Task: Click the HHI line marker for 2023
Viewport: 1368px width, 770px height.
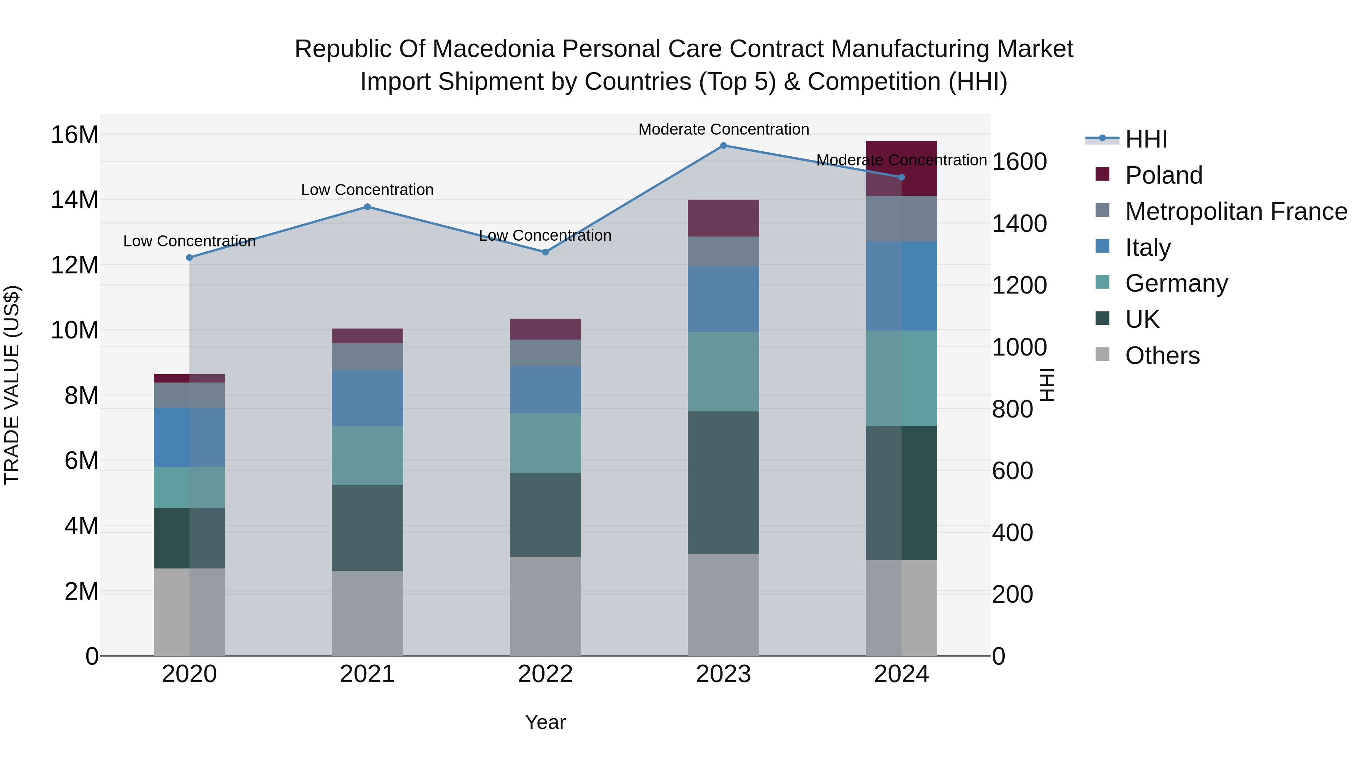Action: [723, 145]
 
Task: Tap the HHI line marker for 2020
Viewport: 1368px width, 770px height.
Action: [190, 257]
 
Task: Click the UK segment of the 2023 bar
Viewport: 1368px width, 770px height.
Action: [723, 483]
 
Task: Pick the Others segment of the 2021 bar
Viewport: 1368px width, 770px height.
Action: [367, 613]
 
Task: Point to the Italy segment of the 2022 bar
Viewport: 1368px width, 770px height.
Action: [545, 389]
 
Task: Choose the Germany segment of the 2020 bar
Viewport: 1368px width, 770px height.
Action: [190, 487]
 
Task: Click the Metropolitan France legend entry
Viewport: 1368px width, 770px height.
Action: [1236, 211]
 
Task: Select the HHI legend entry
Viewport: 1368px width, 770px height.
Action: [1145, 139]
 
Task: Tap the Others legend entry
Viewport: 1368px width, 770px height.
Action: [1162, 356]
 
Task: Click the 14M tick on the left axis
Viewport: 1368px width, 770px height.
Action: [74, 200]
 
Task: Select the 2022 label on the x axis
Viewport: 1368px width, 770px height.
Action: [545, 674]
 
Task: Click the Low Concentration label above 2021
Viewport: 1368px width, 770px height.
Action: [367, 190]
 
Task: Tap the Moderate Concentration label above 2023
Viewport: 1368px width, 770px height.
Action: [723, 129]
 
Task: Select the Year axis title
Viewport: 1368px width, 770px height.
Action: [545, 722]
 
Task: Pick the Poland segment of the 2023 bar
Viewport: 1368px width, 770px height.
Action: [723, 218]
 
